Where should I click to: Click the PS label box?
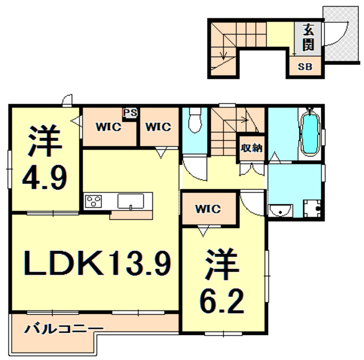click(x=130, y=113)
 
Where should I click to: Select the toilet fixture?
click(x=195, y=120)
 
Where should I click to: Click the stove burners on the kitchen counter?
click(x=94, y=201)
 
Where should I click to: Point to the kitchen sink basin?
click(x=130, y=201)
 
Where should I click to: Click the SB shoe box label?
click(x=305, y=67)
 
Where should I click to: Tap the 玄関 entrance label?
click(x=308, y=38)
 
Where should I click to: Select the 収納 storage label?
click(x=251, y=148)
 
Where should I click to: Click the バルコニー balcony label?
click(x=64, y=329)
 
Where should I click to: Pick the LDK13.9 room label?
click(x=97, y=263)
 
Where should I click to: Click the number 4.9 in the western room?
click(x=44, y=177)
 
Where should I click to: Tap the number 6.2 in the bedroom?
click(x=222, y=301)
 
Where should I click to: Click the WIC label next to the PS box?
click(x=109, y=127)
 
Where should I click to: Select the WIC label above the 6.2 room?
click(x=208, y=209)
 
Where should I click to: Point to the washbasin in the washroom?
click(x=280, y=210)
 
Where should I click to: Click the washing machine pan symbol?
click(x=312, y=208)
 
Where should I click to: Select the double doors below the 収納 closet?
click(x=251, y=169)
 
